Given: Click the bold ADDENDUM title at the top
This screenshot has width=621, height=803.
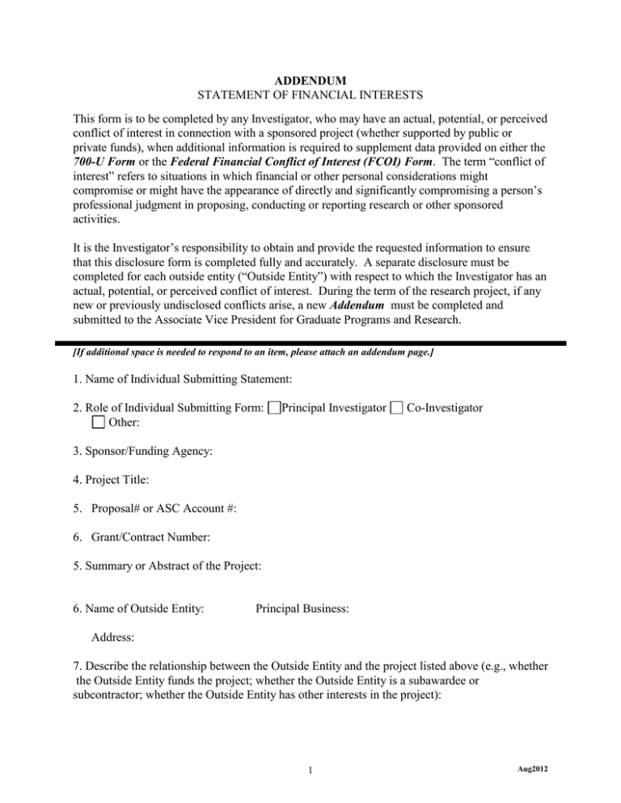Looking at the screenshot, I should tap(310, 82).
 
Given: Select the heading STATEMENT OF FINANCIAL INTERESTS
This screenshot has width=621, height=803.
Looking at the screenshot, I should tap(310, 96).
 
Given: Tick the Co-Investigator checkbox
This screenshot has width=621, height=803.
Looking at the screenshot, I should tap(395, 407).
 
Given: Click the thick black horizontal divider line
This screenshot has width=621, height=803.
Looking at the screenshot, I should tap(310, 343).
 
